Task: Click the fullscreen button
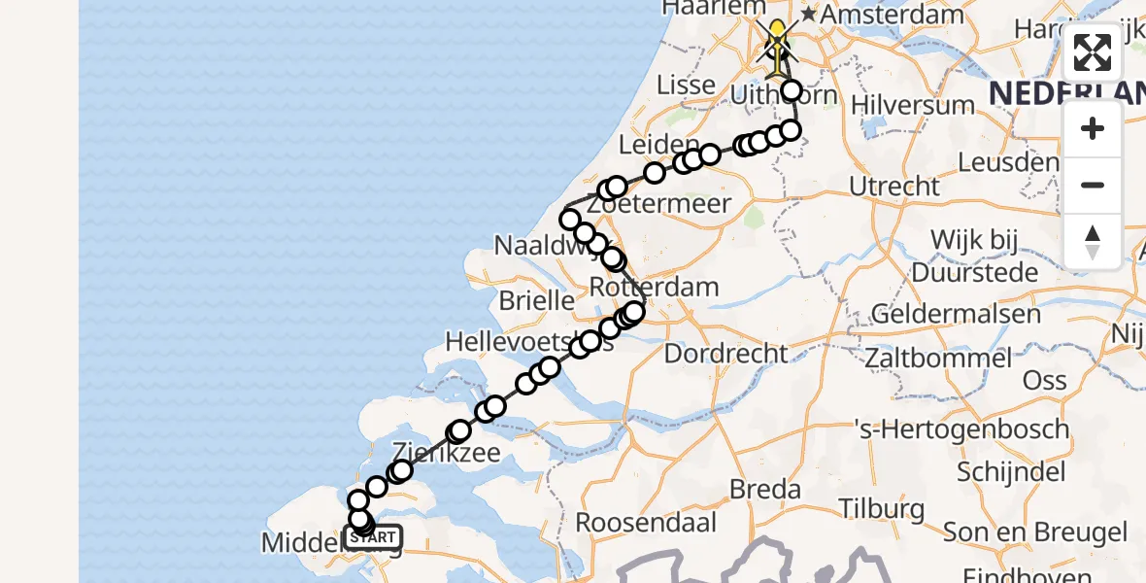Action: point(1093,52)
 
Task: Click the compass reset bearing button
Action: point(1093,242)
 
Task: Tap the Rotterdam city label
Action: point(655,288)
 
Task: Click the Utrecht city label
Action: point(894,186)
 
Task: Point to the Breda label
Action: point(765,489)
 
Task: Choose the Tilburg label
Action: point(881,509)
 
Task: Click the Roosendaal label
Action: point(646,522)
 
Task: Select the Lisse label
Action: point(686,85)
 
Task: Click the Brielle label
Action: point(536,300)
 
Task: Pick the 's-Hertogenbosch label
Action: point(960,429)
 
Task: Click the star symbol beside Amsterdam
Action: point(808,16)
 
